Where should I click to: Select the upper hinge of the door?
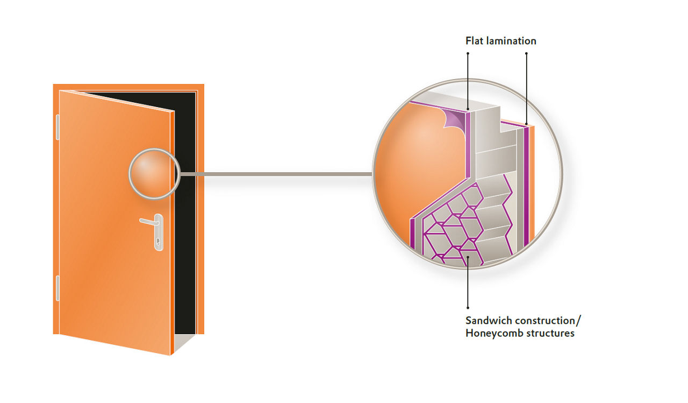pyautogui.click(x=58, y=128)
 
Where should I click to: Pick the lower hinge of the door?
pyautogui.click(x=58, y=288)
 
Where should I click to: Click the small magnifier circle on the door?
pyautogui.click(x=153, y=173)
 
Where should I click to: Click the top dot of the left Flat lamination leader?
pyautogui.click(x=468, y=53)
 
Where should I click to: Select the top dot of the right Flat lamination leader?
pyautogui.click(x=526, y=53)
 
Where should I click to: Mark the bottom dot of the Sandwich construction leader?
pyautogui.click(x=468, y=308)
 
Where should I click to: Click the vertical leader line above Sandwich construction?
pyautogui.click(x=468, y=285)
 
